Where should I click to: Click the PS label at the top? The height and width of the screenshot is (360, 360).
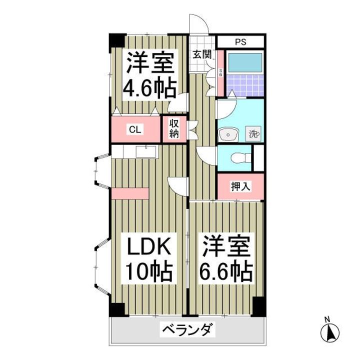click(x=240, y=42)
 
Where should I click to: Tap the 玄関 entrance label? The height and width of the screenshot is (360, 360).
click(x=202, y=54)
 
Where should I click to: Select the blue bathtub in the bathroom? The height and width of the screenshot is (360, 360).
click(x=245, y=62)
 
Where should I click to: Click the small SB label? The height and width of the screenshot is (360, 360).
click(x=220, y=73)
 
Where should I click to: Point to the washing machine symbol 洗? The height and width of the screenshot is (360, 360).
click(x=253, y=134)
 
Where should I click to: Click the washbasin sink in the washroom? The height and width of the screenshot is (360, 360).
click(x=228, y=135)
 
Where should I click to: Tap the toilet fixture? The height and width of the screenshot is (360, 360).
click(x=240, y=158)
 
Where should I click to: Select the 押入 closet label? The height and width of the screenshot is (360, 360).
click(x=240, y=186)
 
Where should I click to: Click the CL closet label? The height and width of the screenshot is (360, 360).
click(x=135, y=129)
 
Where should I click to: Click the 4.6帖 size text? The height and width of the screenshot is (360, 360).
click(x=149, y=88)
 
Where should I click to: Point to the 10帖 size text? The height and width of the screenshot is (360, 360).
click(x=149, y=271)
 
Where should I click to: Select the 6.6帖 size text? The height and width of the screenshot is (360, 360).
click(x=226, y=271)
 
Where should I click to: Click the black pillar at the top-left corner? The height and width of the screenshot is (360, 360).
click(x=117, y=40)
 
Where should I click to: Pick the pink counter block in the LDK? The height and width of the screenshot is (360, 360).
click(x=130, y=193)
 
